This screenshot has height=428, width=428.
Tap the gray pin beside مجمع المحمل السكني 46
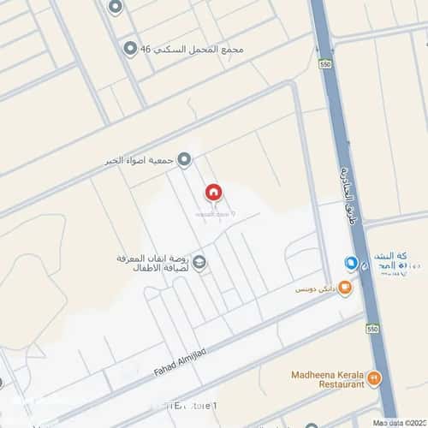(x=130, y=49)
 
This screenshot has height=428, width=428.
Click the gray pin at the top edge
(x=116, y=6)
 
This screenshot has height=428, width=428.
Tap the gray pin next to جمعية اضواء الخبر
(x=183, y=160)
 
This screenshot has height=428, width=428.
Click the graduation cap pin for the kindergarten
(x=199, y=262)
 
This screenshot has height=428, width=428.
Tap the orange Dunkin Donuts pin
(x=345, y=288)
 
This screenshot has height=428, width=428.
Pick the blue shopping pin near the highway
(x=351, y=262)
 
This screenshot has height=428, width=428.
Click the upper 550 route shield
(x=324, y=64)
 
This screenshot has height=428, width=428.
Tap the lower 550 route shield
(x=372, y=328)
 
